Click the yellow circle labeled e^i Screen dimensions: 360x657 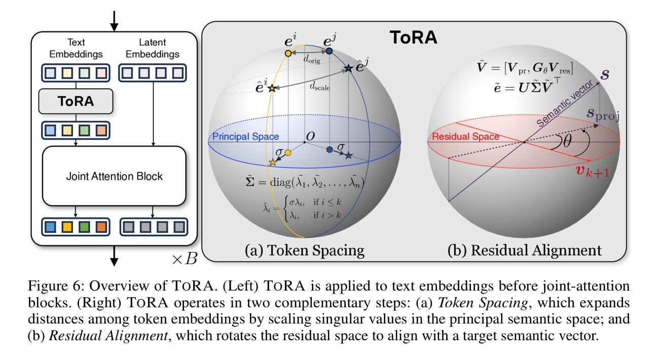click(288, 53)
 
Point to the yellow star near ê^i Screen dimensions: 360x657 click(272, 88)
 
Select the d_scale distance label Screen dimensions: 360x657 click(320, 87)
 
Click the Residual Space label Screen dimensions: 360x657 click(465, 136)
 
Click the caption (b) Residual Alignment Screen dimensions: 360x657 click(525, 250)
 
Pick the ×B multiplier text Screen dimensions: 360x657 click(184, 259)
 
